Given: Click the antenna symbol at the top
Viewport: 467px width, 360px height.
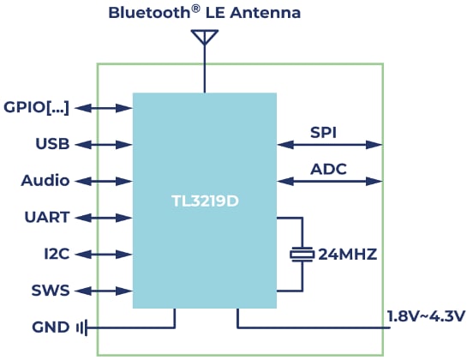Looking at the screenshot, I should pos(204,38).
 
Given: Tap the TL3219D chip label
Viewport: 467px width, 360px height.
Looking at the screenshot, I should pos(204,204).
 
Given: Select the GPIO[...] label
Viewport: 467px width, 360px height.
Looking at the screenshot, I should pos(36,107).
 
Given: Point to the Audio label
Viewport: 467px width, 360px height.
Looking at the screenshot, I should pos(45,181).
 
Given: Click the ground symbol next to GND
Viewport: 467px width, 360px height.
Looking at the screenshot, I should pos(81,327).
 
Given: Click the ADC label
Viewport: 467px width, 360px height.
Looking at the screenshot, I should pos(329,169).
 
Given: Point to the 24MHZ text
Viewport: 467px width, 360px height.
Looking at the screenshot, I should pos(348,255).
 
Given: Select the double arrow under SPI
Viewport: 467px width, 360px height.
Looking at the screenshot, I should pos(329,144).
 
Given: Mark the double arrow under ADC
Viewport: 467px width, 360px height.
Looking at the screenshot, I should pos(329,181).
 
